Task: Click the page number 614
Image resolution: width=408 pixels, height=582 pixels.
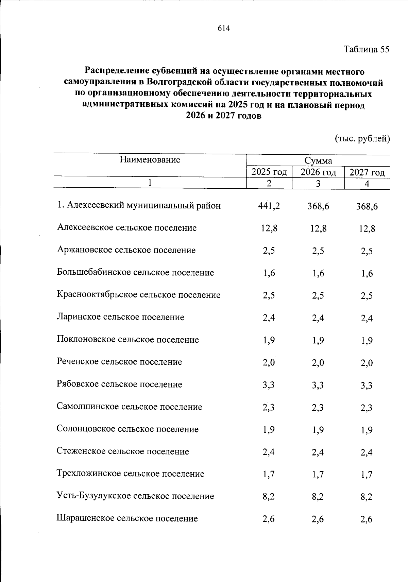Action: (224, 29)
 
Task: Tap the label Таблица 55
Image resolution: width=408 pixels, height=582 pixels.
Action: (366, 50)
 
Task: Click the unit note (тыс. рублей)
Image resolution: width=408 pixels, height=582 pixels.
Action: (362, 139)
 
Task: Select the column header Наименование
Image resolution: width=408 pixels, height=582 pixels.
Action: (150, 160)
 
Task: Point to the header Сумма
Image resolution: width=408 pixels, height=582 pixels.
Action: (318, 161)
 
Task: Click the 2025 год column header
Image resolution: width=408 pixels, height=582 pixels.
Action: (269, 172)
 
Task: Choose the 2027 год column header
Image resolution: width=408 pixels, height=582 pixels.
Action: (367, 172)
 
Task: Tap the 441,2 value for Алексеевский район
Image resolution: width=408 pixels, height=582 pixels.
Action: (269, 206)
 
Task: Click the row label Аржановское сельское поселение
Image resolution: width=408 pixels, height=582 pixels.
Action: (126, 251)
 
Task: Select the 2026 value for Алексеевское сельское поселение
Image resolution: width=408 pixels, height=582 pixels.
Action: (318, 228)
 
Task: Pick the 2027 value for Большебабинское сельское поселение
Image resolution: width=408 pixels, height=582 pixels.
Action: (367, 273)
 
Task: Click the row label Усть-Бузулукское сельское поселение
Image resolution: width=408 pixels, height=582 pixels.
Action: (135, 496)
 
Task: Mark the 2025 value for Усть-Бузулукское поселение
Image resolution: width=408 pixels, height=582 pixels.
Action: (269, 497)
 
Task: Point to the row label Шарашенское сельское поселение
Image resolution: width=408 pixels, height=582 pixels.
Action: (127, 519)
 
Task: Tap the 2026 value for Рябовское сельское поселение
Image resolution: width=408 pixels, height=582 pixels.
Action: (318, 385)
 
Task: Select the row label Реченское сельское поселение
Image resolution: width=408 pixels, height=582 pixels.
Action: (119, 362)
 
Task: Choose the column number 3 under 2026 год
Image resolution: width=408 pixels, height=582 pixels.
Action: (318, 184)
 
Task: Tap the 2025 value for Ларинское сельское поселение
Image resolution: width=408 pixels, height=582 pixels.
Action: (269, 318)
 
